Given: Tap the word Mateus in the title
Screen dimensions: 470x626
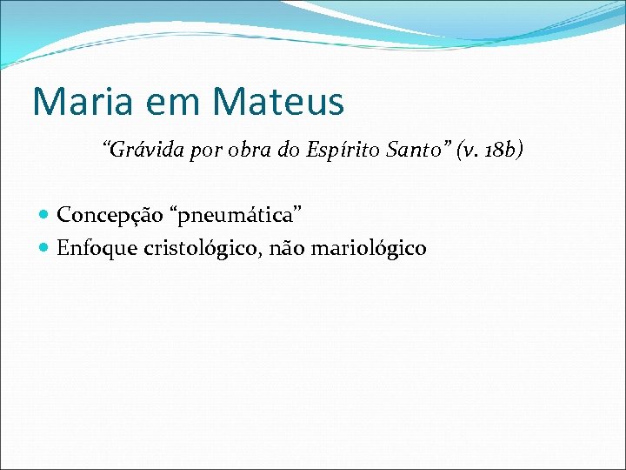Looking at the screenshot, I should click(x=278, y=101).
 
